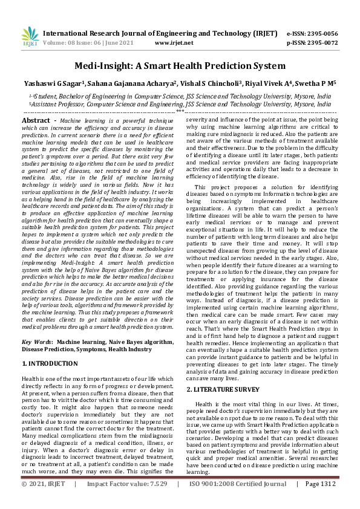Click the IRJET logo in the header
pos(28,36)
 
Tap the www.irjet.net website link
pos(174,43)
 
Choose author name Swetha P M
pos(315,83)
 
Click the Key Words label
pos(38,342)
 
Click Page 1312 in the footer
pos(320,501)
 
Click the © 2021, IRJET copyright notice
pos(43,501)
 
